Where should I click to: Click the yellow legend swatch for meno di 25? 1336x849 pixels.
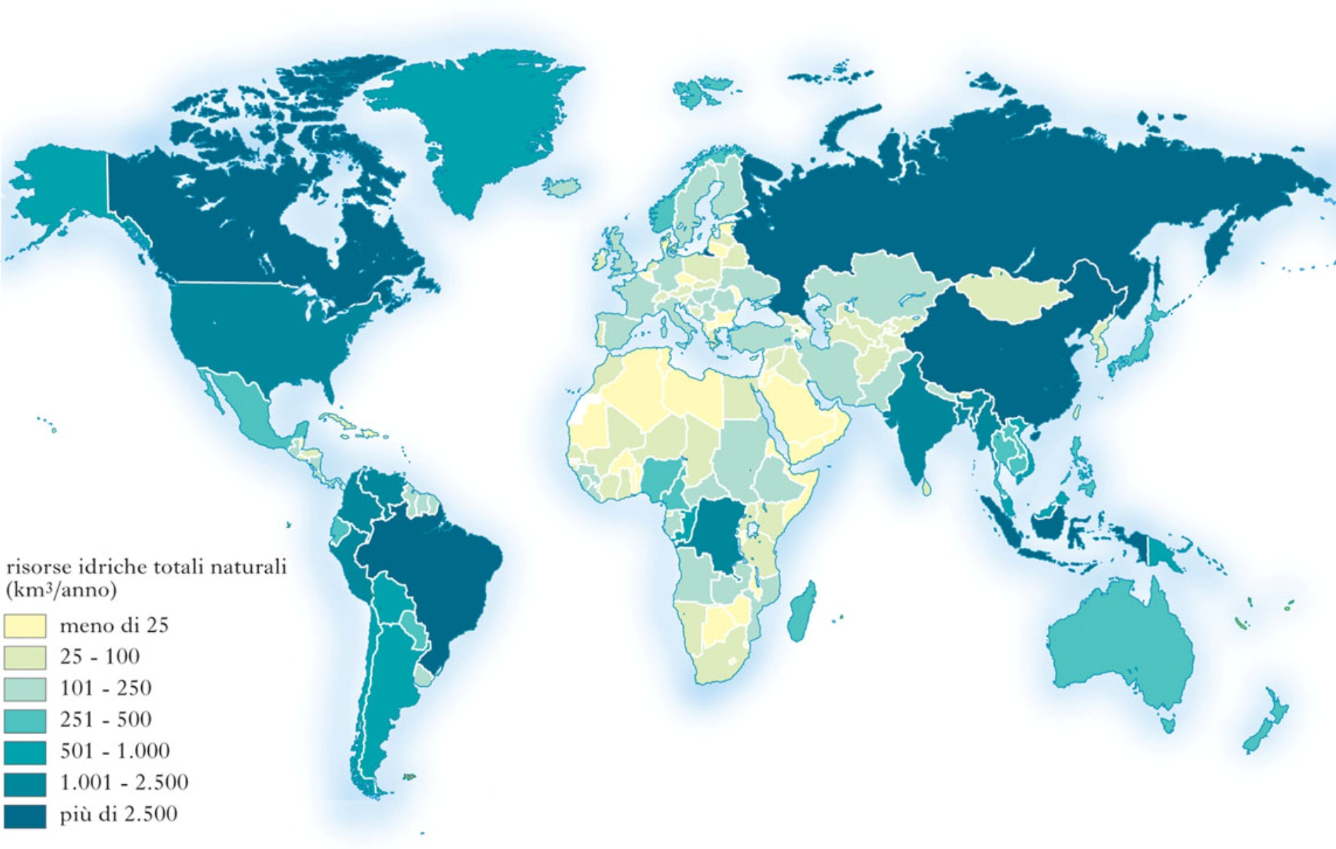(x=25, y=626)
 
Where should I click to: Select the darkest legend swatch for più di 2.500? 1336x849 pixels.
(x=25, y=816)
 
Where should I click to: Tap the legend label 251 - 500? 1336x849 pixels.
(x=105, y=720)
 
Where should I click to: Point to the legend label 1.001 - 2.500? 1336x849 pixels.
(x=124, y=783)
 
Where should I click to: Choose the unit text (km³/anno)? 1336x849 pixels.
(x=61, y=590)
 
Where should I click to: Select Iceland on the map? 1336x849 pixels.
(x=562, y=187)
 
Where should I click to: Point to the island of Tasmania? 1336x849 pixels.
(x=1168, y=724)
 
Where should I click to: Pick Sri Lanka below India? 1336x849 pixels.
(x=926, y=487)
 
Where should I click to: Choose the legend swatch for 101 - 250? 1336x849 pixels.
(x=25, y=689)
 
